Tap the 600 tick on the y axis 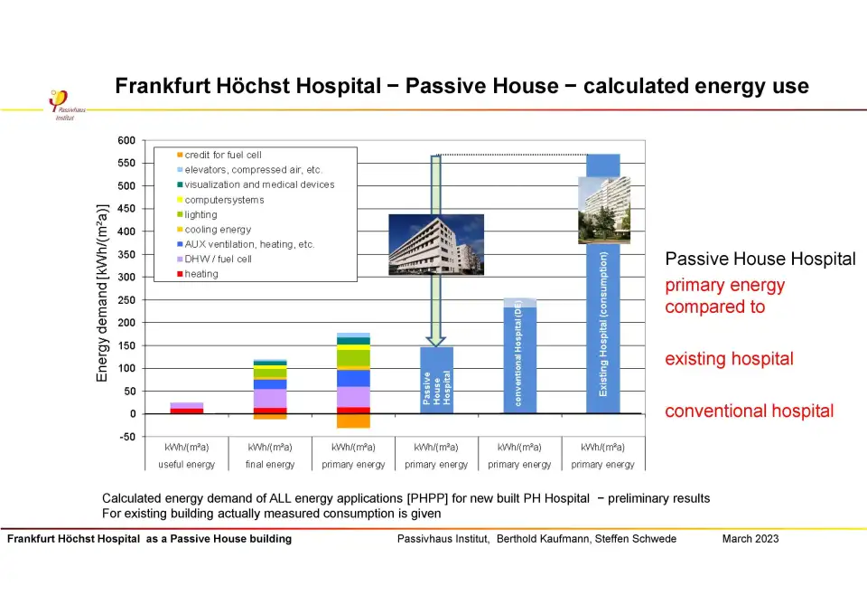pyautogui.click(x=126, y=141)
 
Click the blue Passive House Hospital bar pyautogui.click(x=437, y=380)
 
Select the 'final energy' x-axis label pyautogui.click(x=270, y=465)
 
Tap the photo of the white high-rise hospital pyautogui.click(x=604, y=210)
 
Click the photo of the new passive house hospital pyautogui.click(x=436, y=244)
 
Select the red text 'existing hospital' pyautogui.click(x=729, y=359)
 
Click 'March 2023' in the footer pyautogui.click(x=750, y=539)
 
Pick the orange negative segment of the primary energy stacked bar pyautogui.click(x=353, y=420)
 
